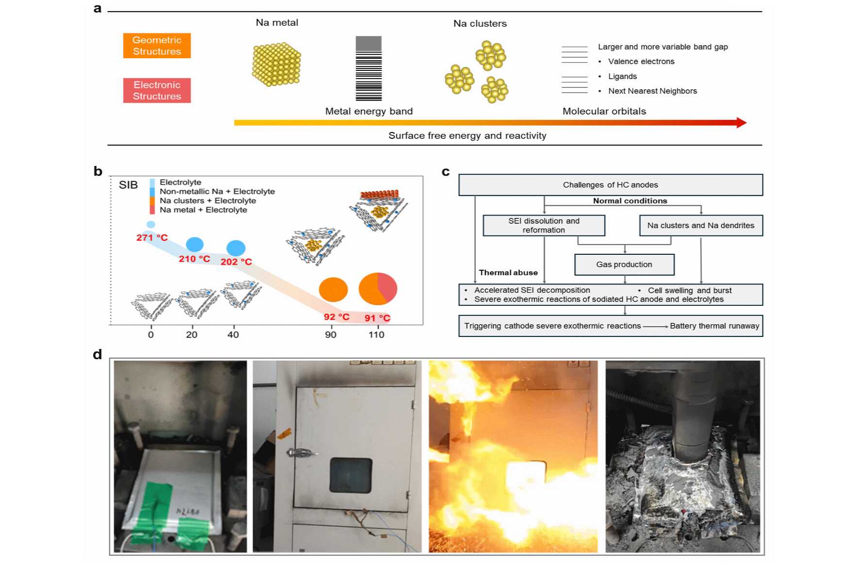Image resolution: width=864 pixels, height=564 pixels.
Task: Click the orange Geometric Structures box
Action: click(157, 46)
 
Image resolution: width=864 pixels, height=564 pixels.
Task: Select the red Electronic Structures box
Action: click(157, 90)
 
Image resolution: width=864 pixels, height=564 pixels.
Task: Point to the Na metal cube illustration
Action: click(276, 64)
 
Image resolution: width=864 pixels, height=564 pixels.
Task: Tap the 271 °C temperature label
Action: click(152, 237)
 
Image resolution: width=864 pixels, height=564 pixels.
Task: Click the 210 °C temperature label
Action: click(194, 259)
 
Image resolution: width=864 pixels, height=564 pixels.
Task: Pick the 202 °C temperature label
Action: click(236, 262)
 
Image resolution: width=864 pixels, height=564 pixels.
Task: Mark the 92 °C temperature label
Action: click(336, 317)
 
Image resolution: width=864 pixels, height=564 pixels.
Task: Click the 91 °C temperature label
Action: click(377, 318)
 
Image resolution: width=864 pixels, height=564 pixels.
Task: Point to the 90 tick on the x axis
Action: click(331, 334)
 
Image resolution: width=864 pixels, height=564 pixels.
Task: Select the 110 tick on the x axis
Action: click(376, 334)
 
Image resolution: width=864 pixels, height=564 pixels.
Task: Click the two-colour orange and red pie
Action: click(378, 289)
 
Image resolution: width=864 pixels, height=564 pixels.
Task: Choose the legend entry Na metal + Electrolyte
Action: click(203, 210)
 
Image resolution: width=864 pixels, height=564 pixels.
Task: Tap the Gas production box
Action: click(624, 265)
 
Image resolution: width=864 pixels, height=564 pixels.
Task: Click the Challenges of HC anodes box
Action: click(610, 185)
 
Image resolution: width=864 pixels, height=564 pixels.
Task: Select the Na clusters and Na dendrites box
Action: click(700, 225)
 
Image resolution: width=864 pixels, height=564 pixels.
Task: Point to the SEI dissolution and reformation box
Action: click(544, 225)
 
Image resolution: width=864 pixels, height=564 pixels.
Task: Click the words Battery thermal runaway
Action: click(714, 326)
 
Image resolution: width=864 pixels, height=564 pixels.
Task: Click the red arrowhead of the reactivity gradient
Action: click(741, 122)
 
